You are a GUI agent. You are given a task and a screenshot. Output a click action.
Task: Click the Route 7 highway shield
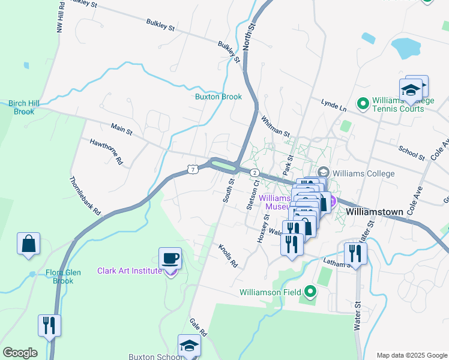[192, 170]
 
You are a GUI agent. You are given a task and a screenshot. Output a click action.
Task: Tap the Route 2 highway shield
[255, 173]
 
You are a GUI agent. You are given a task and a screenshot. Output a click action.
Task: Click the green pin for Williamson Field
[310, 292]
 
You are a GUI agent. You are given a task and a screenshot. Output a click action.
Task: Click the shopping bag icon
[28, 244]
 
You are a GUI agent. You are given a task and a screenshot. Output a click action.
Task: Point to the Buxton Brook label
[218, 97]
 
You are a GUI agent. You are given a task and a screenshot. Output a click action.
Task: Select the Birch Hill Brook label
[24, 107]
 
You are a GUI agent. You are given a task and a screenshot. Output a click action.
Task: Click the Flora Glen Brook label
[59, 277]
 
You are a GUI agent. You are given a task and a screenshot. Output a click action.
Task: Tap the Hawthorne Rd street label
[106, 152]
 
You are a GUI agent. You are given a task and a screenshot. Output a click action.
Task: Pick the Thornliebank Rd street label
[85, 196]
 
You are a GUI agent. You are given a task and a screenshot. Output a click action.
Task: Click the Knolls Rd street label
[228, 256]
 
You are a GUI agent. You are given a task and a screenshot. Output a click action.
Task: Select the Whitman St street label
[276, 126]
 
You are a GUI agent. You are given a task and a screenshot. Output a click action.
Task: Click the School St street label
[412, 151]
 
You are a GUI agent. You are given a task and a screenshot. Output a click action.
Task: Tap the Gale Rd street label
[199, 328]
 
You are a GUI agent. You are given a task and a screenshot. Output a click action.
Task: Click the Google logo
[20, 353]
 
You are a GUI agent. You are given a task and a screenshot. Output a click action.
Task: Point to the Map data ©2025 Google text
[411, 355]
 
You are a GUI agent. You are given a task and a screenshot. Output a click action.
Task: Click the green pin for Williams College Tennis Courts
[363, 104]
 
